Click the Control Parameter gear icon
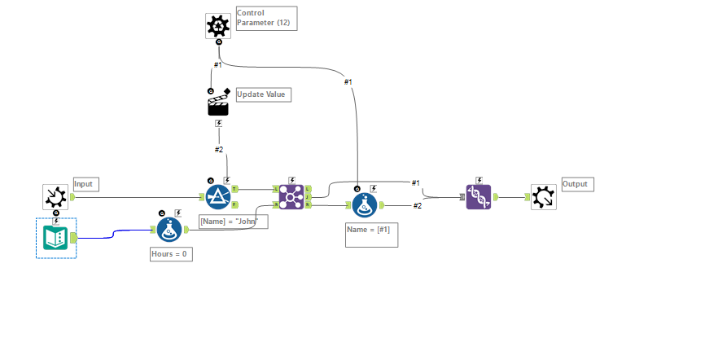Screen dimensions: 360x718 pyautogui.click(x=218, y=26)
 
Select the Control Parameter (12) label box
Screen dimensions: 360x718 pyautogui.click(x=266, y=18)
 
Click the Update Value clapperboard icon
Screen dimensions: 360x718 pyautogui.click(x=218, y=104)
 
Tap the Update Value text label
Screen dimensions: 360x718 pyautogui.click(x=263, y=94)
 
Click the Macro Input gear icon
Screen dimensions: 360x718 pyautogui.click(x=55, y=196)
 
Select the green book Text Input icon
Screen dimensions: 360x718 pyautogui.click(x=56, y=238)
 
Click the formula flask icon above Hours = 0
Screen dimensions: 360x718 pyautogui.click(x=169, y=230)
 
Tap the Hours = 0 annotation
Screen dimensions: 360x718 pyautogui.click(x=171, y=254)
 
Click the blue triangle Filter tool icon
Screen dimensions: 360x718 pyautogui.click(x=217, y=196)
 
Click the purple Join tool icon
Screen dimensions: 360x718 pyautogui.click(x=291, y=196)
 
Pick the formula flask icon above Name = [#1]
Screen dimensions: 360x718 pyautogui.click(x=365, y=205)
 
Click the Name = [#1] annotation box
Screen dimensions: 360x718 pyautogui.click(x=371, y=235)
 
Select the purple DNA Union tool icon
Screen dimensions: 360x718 pyautogui.click(x=479, y=196)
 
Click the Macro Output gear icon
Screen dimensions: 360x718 pyautogui.click(x=543, y=196)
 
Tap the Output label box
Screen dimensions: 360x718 pyautogui.click(x=577, y=184)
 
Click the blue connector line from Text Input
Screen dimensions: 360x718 pyautogui.click(x=114, y=234)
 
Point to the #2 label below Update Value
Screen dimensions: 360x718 pyautogui.click(x=219, y=150)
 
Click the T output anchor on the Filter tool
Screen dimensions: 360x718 pyautogui.click(x=234, y=189)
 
